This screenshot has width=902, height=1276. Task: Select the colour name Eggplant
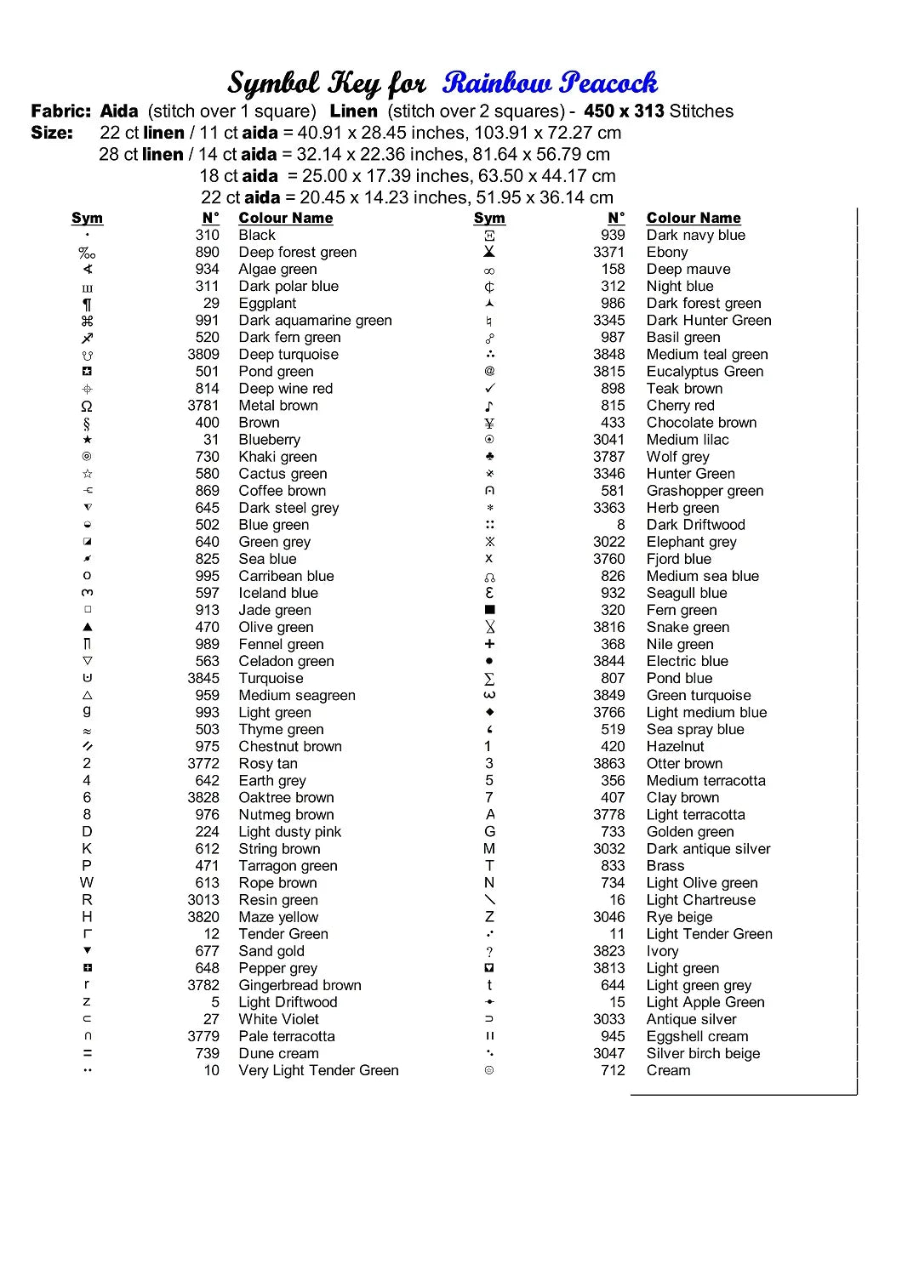click(x=267, y=304)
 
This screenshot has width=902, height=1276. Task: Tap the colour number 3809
click(x=203, y=355)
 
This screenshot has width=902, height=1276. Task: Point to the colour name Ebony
click(x=667, y=253)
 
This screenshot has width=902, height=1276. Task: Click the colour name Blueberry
click(x=269, y=440)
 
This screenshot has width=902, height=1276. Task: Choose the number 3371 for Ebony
click(x=608, y=253)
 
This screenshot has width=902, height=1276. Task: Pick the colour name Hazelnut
click(x=675, y=747)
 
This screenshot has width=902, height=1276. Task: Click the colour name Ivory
click(x=662, y=951)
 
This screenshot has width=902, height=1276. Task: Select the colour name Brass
click(x=665, y=866)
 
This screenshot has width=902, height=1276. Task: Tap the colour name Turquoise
click(x=271, y=679)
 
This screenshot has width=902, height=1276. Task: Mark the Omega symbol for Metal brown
click(x=87, y=407)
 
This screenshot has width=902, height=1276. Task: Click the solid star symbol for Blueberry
click(x=87, y=440)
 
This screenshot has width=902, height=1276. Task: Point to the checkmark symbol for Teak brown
click(x=489, y=389)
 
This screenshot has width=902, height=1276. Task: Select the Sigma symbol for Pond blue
click(x=489, y=679)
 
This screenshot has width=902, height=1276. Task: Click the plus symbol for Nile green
click(x=489, y=644)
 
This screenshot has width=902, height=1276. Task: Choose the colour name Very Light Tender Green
click(x=318, y=1070)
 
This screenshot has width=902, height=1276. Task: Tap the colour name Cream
click(x=668, y=1070)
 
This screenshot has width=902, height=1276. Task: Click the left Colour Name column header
click(x=285, y=218)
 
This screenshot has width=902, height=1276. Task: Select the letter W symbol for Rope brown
click(x=87, y=883)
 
